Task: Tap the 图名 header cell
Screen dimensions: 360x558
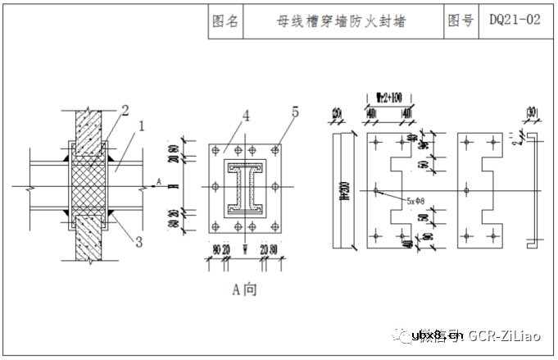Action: pyautogui.click(x=225, y=22)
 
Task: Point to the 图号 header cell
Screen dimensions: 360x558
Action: pyautogui.click(x=460, y=21)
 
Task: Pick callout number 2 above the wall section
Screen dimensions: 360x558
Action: pyautogui.click(x=125, y=110)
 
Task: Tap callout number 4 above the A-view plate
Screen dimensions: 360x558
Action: pyautogui.click(x=244, y=116)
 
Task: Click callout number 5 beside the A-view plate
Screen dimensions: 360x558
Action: pyautogui.click(x=295, y=111)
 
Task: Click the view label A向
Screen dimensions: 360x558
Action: pyautogui.click(x=244, y=289)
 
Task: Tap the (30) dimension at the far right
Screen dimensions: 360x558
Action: pyautogui.click(x=533, y=112)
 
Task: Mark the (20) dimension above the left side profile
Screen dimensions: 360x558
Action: pyautogui.click(x=337, y=112)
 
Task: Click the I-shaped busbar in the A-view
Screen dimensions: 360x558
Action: pyautogui.click(x=244, y=189)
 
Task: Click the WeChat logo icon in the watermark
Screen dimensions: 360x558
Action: pyautogui.click(x=402, y=335)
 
